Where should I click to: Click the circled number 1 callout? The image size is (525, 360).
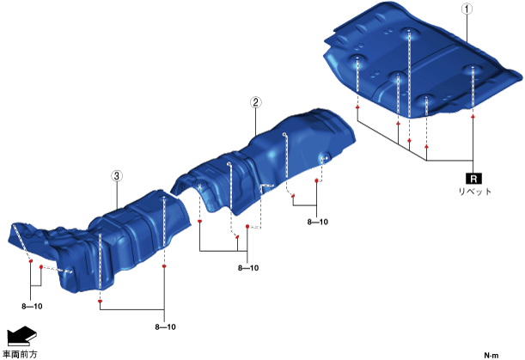pyautogui.click(x=467, y=9)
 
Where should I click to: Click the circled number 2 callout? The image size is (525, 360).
pyautogui.click(x=256, y=102)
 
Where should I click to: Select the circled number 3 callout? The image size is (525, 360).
pyautogui.click(x=117, y=176)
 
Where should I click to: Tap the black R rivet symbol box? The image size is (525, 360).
pyautogui.click(x=473, y=179)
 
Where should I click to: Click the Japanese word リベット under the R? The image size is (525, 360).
pyautogui.click(x=474, y=192)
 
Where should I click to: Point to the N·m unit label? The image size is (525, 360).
pyautogui.click(x=491, y=356)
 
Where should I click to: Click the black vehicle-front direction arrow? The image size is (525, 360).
pyautogui.click(x=21, y=336)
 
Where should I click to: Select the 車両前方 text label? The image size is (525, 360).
pyautogui.click(x=20, y=354)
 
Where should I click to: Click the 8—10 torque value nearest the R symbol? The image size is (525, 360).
pyautogui.click(x=318, y=222)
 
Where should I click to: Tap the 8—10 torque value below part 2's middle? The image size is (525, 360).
pyautogui.click(x=248, y=268)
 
